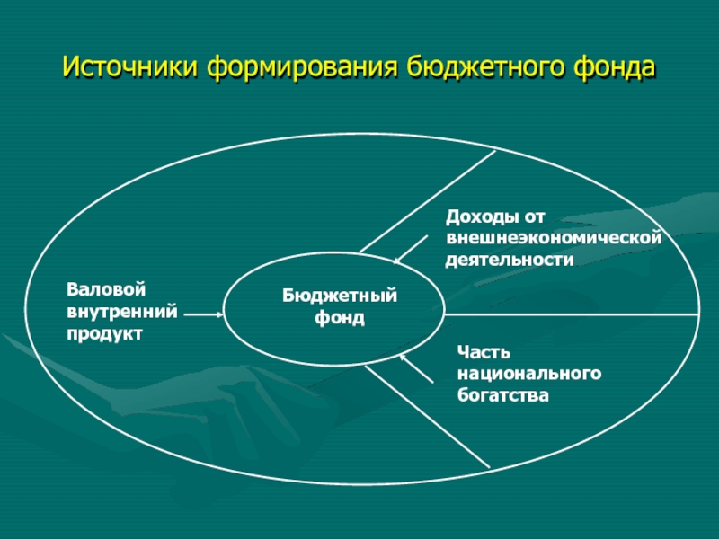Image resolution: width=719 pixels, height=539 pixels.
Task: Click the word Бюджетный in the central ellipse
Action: tap(340, 296)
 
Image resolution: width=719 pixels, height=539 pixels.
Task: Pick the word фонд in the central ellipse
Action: tap(340, 318)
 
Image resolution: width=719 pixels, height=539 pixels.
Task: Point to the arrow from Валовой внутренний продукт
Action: tap(205, 314)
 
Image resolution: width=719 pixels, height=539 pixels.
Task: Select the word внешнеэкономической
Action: tap(554, 238)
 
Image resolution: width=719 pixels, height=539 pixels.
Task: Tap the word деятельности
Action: tap(510, 260)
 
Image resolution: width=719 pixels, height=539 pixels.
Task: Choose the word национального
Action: tap(528, 373)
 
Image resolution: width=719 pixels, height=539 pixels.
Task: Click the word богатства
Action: tap(502, 394)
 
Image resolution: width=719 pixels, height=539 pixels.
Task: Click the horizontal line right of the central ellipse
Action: tap(575, 314)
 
